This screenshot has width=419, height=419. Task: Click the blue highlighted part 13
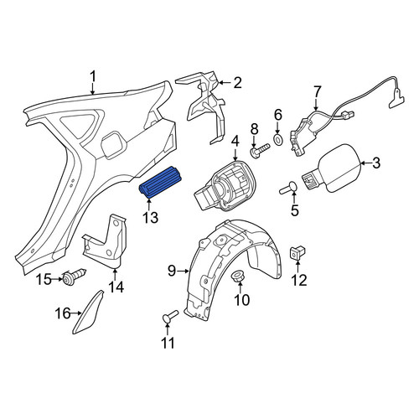point(160,182)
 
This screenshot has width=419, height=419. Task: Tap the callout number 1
point(93,76)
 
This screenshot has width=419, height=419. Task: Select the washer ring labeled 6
point(278,139)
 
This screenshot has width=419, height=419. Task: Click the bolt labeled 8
point(259,151)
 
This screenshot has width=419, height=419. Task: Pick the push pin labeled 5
point(288,188)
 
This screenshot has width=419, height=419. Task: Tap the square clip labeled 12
point(297,252)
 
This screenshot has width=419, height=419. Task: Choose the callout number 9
point(172,271)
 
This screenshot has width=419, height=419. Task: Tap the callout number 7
point(318,92)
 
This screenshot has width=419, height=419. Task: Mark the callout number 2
point(237,83)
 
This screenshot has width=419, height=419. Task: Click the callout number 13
point(151,218)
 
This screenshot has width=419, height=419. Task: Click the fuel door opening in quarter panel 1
point(114,144)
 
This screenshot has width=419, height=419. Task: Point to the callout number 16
point(63,313)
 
